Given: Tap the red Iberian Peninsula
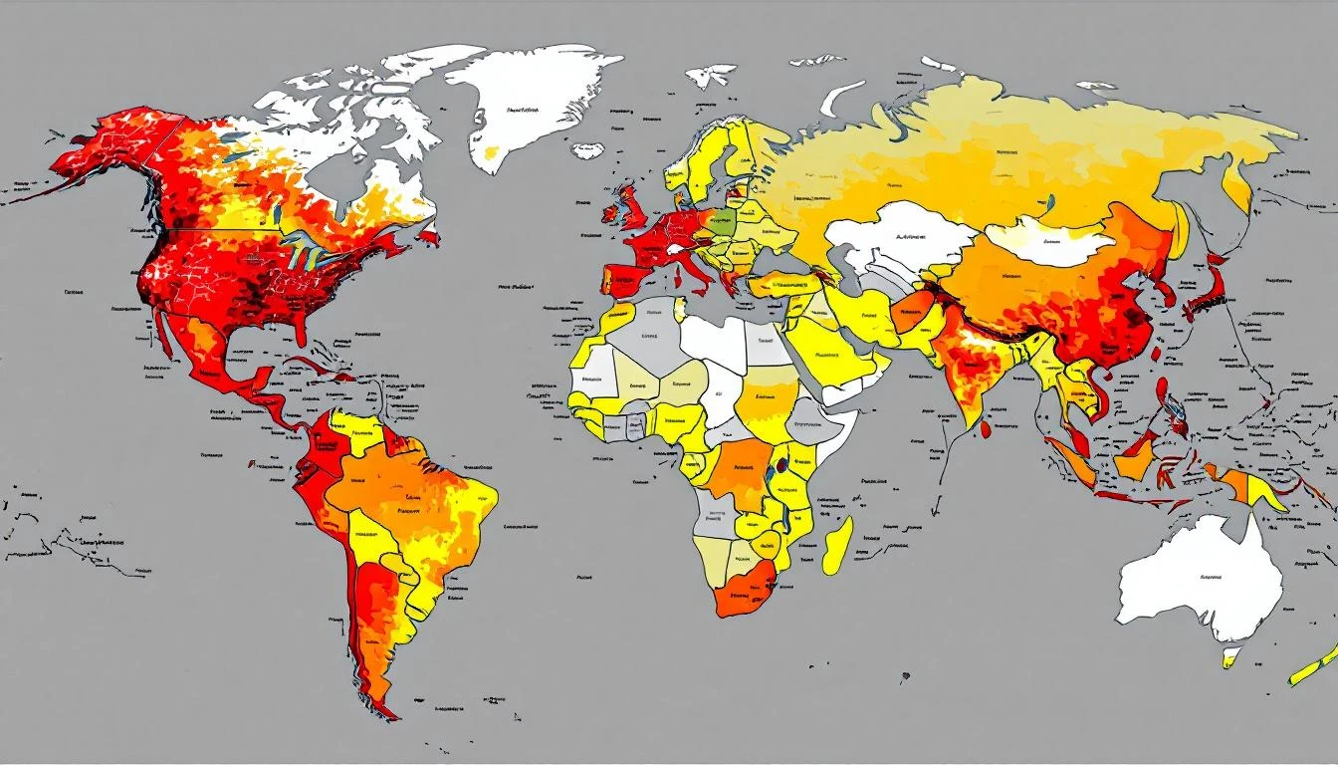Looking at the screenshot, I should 619,279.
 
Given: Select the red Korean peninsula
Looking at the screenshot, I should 1162,284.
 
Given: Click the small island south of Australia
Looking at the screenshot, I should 1231,656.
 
